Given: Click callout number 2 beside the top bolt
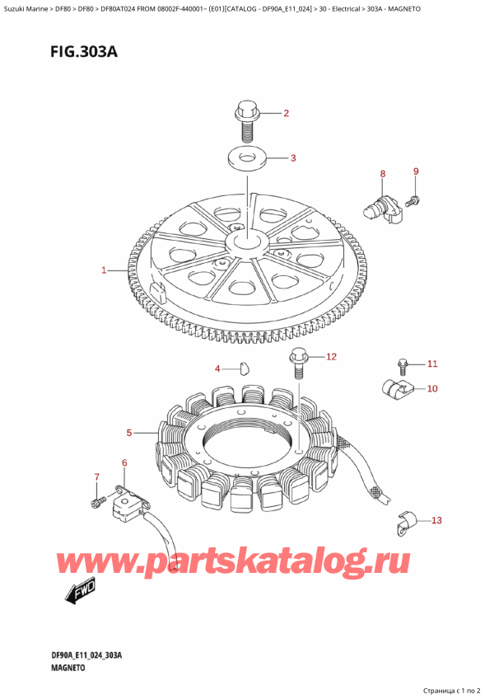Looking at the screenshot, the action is [x=286, y=113].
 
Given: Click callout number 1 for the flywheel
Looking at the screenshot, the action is [x=104, y=270].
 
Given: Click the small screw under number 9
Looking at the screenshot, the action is [x=413, y=200].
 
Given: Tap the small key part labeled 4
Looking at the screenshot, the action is [x=244, y=368].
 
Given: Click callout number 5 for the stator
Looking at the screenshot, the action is [x=129, y=433].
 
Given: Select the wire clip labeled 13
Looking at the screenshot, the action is [x=405, y=522].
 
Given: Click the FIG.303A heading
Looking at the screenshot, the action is [x=84, y=52].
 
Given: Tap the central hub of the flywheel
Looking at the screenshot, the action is [x=246, y=243].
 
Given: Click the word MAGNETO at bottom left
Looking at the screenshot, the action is [x=68, y=668].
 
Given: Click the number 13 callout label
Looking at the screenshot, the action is [x=436, y=520].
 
